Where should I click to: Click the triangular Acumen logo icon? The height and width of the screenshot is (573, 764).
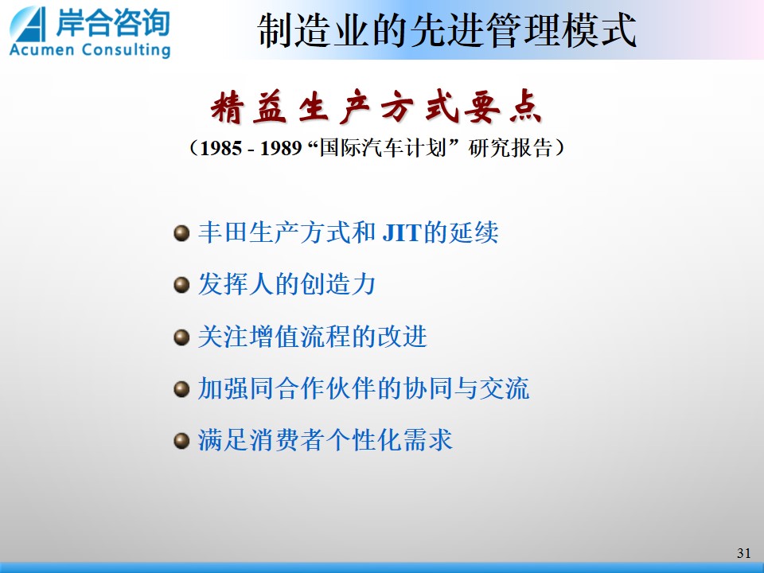coord(29,25)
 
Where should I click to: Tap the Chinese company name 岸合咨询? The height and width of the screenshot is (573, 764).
coord(112,23)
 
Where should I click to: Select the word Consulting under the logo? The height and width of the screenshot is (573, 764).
coord(127,50)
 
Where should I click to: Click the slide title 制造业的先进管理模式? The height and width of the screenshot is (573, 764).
coord(446,30)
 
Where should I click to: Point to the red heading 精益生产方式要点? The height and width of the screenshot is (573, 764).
coord(376,107)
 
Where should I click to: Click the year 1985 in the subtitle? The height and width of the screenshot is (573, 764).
coord(220,148)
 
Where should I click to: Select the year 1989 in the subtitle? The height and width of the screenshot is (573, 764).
coord(281,148)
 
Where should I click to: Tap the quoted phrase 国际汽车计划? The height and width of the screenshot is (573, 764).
coord(383,148)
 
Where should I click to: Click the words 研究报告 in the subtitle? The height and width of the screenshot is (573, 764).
coord(510,148)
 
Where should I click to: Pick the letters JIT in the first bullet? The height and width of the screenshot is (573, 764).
coord(401,232)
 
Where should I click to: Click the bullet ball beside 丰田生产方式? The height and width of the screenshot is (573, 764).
coord(181,233)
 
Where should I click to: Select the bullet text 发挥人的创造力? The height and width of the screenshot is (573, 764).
coord(286,284)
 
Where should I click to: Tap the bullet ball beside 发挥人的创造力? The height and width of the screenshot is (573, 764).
coord(181,285)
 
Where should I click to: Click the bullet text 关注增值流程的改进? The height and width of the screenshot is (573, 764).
coord(312,337)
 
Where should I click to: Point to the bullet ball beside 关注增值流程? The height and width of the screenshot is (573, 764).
coord(181,337)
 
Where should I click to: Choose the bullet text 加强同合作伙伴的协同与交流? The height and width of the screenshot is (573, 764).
coord(364,388)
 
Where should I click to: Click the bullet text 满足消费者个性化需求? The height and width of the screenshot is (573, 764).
coord(325,440)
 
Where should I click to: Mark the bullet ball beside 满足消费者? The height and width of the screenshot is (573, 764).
coord(181,441)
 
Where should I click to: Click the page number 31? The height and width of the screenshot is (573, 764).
coord(743,553)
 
